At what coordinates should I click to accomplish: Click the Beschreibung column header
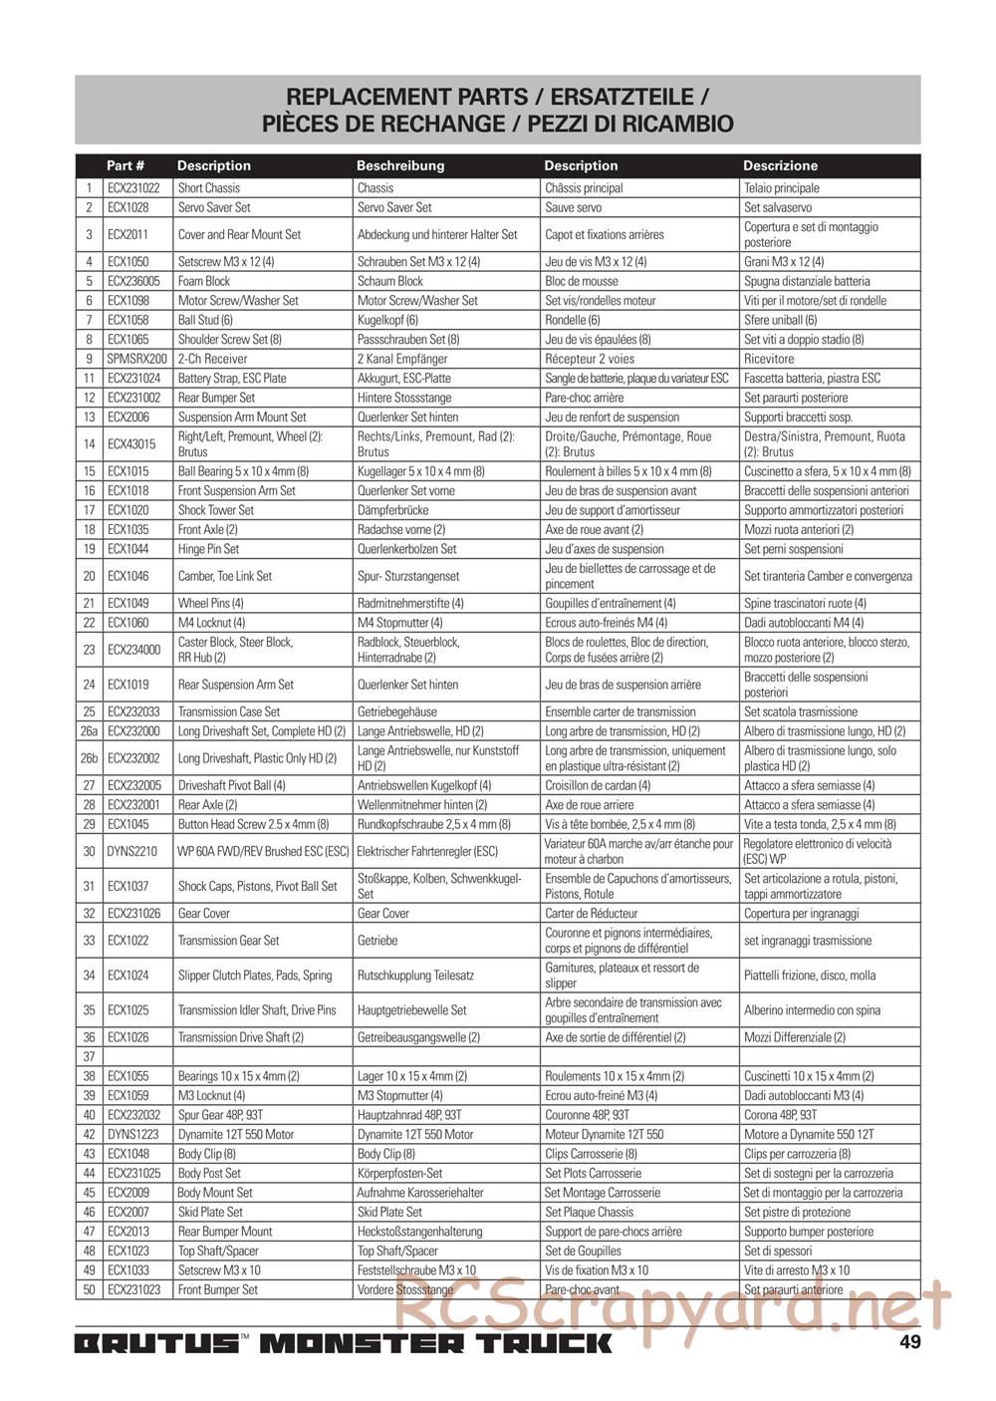click(400, 165)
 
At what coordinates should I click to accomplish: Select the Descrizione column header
click(780, 165)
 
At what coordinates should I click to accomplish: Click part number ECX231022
click(133, 188)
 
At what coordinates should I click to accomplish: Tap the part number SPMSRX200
click(137, 359)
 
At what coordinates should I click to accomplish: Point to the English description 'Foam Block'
click(204, 281)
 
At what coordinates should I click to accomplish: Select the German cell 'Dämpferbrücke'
click(392, 510)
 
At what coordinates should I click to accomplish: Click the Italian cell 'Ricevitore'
click(769, 359)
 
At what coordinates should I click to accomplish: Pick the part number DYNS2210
click(132, 852)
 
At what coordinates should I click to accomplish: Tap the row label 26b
click(90, 758)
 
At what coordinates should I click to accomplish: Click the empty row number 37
click(90, 1057)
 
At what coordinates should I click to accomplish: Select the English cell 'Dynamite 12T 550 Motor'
click(236, 1135)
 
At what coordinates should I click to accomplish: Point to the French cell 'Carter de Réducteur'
click(592, 914)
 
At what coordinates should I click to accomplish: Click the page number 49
click(909, 1341)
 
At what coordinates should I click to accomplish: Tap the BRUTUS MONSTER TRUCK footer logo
click(344, 1343)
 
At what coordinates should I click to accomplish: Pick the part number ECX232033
click(134, 712)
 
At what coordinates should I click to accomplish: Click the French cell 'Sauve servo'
click(574, 208)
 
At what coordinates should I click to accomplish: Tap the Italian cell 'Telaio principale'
click(782, 188)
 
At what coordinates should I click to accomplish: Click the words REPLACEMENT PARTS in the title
click(406, 97)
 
